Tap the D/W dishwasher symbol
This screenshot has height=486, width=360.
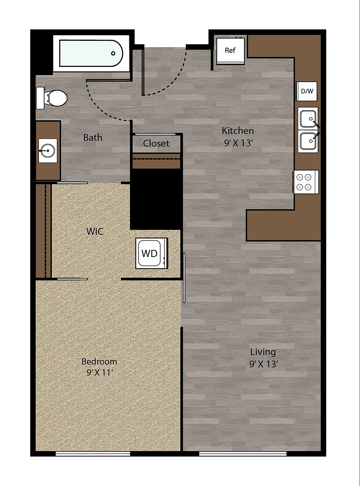click(x=307, y=91)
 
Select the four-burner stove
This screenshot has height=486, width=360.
click(x=306, y=182)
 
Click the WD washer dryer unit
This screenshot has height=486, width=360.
click(x=152, y=253)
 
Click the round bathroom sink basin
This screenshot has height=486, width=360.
click(x=48, y=151)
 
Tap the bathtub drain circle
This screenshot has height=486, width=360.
click(x=113, y=53)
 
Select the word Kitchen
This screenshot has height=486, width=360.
click(x=238, y=131)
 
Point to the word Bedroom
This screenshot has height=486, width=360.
click(x=99, y=362)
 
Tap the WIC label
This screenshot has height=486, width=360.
click(x=95, y=231)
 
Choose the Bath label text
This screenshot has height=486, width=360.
click(x=93, y=138)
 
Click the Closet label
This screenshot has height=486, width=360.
click(x=156, y=143)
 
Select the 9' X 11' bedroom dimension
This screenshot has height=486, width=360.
click(x=100, y=372)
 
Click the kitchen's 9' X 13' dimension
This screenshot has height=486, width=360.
click(x=238, y=143)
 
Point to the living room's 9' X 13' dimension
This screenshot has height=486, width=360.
click(x=264, y=364)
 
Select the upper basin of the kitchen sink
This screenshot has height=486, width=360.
click(x=308, y=119)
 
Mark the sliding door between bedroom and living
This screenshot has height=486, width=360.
click(x=184, y=278)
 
